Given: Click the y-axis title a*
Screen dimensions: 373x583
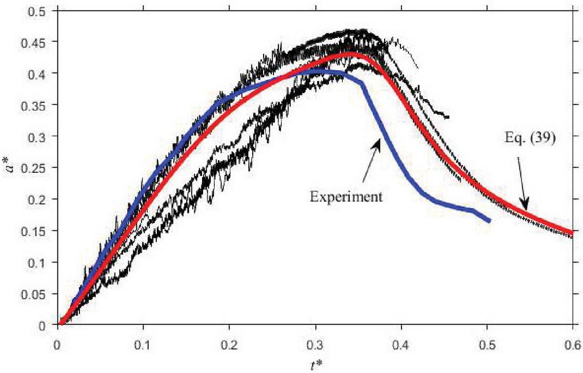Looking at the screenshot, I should click(10, 168).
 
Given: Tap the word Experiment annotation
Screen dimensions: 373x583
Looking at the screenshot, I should click(345, 198).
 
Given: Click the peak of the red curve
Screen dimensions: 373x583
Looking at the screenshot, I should click(349, 54).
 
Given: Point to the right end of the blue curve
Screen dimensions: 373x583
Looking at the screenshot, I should click(489, 220).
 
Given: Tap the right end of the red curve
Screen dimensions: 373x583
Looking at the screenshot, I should click(571, 232).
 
